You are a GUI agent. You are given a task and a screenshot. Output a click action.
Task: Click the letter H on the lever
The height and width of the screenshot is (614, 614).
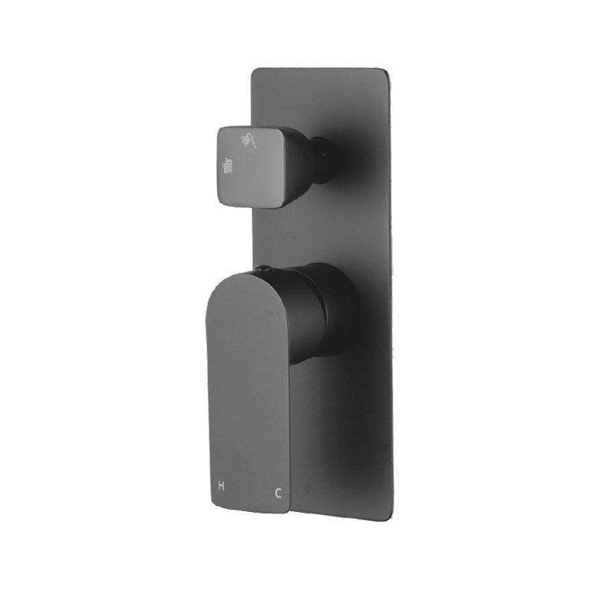(x=222, y=486)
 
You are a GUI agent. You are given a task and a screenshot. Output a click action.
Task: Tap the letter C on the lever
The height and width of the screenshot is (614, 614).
(x=278, y=494)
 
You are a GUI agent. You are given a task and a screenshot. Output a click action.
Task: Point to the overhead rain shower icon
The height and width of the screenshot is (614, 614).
(x=227, y=165)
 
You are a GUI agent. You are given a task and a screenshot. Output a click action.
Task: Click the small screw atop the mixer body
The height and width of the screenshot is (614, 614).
(x=263, y=269)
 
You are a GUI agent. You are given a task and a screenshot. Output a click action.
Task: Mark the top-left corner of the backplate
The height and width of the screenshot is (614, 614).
(x=255, y=71)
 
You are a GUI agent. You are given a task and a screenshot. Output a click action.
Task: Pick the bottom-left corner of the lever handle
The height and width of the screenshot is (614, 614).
(x=211, y=503)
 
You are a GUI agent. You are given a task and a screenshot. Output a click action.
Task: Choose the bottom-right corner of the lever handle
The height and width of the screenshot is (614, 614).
(x=286, y=510)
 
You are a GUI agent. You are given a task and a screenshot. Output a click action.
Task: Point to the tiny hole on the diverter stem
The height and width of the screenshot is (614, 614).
(x=326, y=158)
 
